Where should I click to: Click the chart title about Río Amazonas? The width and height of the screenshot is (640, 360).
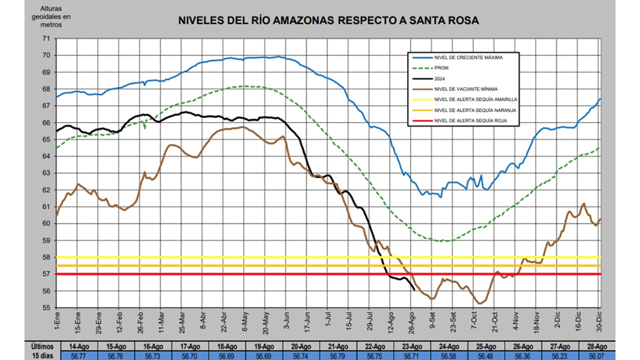click(328, 20)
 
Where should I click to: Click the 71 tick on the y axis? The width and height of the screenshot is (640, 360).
click(46, 38)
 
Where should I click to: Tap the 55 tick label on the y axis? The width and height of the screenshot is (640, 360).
click(46, 308)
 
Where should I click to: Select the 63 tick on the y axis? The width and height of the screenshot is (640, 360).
click(46, 173)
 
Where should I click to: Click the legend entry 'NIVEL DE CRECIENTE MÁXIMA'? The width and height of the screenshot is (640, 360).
click(468, 57)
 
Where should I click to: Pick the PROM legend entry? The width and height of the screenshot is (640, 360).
click(441, 68)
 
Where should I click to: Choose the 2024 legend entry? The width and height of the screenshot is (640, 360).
click(440, 78)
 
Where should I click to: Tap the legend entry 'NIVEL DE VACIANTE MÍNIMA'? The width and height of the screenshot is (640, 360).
click(466, 89)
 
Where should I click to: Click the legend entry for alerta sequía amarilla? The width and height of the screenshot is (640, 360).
click(475, 99)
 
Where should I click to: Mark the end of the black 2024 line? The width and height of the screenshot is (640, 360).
click(414, 290)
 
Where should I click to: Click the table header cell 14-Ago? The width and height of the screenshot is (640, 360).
click(79, 346)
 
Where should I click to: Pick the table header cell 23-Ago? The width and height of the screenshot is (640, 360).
click(412, 346)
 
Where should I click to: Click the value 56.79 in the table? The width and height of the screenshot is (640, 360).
click(338, 355)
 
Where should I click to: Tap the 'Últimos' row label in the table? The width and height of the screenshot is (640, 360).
click(42, 346)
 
